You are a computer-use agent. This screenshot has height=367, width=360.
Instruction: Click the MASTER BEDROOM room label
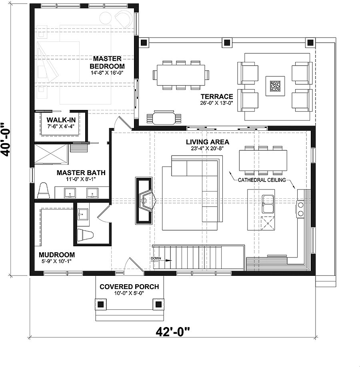click(107, 62)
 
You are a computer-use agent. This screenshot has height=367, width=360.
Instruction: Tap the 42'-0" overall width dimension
click(173, 332)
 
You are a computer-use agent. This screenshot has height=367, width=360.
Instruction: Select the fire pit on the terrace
click(275, 86)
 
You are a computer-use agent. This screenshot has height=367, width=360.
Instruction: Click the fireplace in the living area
click(144, 201)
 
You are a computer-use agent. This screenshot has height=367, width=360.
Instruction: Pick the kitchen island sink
click(268, 204)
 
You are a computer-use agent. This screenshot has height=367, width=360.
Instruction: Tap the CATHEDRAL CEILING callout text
click(262, 180)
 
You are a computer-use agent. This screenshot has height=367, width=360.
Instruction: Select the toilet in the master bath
click(44, 191)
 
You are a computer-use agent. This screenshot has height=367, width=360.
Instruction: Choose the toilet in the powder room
click(86, 235)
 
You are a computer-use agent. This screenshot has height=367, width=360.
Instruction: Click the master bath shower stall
click(51, 154)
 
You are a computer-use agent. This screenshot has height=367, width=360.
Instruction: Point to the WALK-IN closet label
click(61, 120)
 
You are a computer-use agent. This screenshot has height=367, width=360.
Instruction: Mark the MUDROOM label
click(57, 255)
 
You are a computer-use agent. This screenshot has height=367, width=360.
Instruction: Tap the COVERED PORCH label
click(129, 287)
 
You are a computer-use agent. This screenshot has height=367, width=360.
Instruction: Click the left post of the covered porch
click(101, 304)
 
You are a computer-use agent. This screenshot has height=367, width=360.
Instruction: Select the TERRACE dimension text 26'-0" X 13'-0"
click(217, 103)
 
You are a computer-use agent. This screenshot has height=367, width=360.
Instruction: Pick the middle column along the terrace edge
click(227, 43)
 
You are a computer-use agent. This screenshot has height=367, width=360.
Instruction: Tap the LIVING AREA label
click(208, 142)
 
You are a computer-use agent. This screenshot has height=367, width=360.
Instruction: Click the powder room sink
click(83, 214)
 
